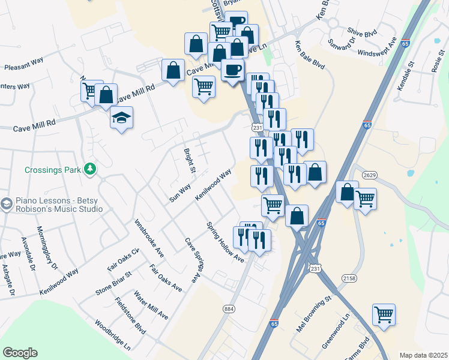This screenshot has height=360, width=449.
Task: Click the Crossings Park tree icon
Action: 91,169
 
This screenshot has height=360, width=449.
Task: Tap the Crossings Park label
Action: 53,170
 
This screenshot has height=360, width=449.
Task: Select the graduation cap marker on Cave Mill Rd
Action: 121,118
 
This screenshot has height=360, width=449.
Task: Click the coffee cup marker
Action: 232,70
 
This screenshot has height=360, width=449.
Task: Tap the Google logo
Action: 20,353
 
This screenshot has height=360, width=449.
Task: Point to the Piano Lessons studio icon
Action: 7,204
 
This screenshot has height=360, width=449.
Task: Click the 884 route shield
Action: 229,309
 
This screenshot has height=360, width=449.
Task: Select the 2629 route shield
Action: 369,174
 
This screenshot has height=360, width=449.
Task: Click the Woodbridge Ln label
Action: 112,334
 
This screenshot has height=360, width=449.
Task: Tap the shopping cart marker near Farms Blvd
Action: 383,314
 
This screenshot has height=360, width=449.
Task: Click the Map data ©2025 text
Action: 423,355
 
